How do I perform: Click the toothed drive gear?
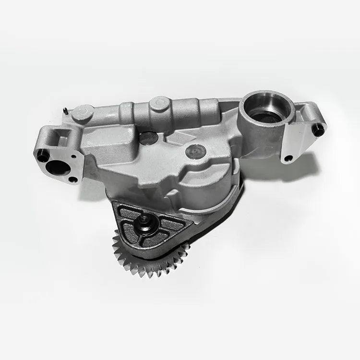(x=144, y=262)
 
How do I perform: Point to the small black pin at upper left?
(x=64, y=112)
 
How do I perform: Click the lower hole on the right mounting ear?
(x=288, y=158)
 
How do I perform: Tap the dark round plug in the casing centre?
(x=196, y=151)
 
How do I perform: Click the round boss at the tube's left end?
(x=83, y=114)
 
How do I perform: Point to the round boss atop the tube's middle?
(x=159, y=103)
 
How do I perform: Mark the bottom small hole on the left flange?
(x=72, y=179)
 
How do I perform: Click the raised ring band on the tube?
(x=126, y=113)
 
